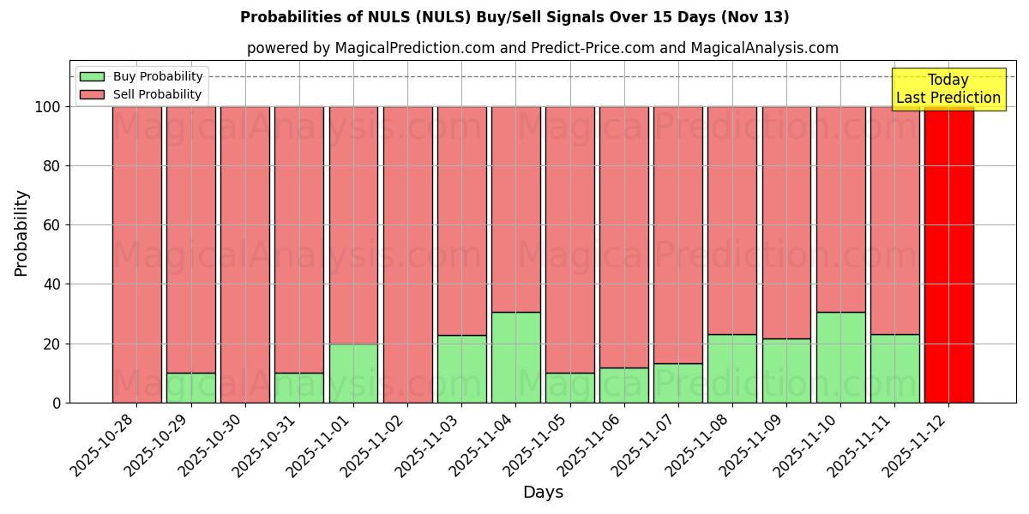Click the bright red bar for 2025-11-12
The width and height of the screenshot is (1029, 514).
pos(948,254)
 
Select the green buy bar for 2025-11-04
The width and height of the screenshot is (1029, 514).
pos(515,357)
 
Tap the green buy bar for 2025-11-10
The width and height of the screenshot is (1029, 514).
pos(840,357)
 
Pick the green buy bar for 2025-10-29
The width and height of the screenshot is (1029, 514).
pos(190,387)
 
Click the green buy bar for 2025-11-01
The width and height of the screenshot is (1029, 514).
pos(353,373)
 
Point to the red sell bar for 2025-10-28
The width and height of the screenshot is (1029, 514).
pos(136,254)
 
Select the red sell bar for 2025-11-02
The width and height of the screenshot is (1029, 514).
pos(407,254)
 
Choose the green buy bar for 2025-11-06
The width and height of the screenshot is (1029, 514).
pos(623,385)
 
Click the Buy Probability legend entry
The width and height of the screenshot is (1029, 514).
pos(141,76)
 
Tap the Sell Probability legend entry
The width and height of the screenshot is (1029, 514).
pos(141,94)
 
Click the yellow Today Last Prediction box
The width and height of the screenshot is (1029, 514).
pos(948,89)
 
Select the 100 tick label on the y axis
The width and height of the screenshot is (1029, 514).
pos(47,107)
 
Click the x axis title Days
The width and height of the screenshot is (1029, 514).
pos(543,493)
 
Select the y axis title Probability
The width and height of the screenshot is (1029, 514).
pos(21,232)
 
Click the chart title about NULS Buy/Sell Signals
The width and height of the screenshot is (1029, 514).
pos(514,17)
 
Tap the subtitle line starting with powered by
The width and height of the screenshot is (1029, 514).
pos(542,48)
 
